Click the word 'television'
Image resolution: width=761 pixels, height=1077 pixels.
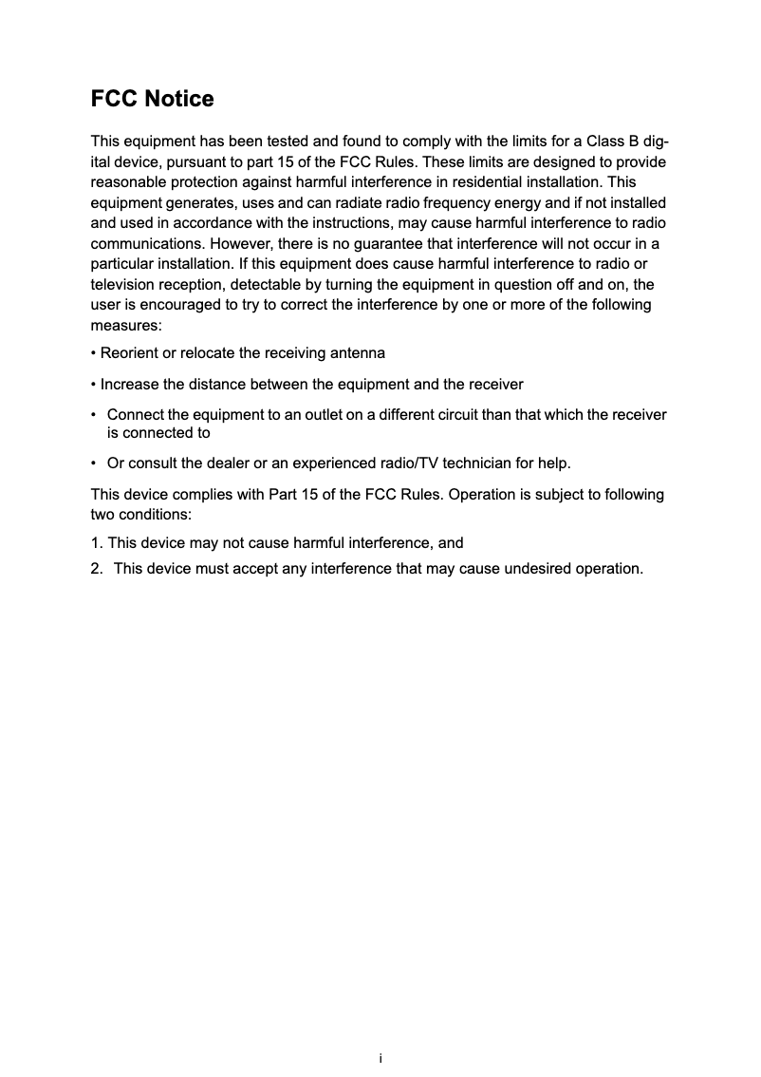pos(124,284)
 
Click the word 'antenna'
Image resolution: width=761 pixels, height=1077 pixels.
pos(357,353)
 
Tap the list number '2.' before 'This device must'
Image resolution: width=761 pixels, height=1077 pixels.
pos(98,569)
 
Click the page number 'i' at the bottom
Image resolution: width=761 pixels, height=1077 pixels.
pos(380,1058)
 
